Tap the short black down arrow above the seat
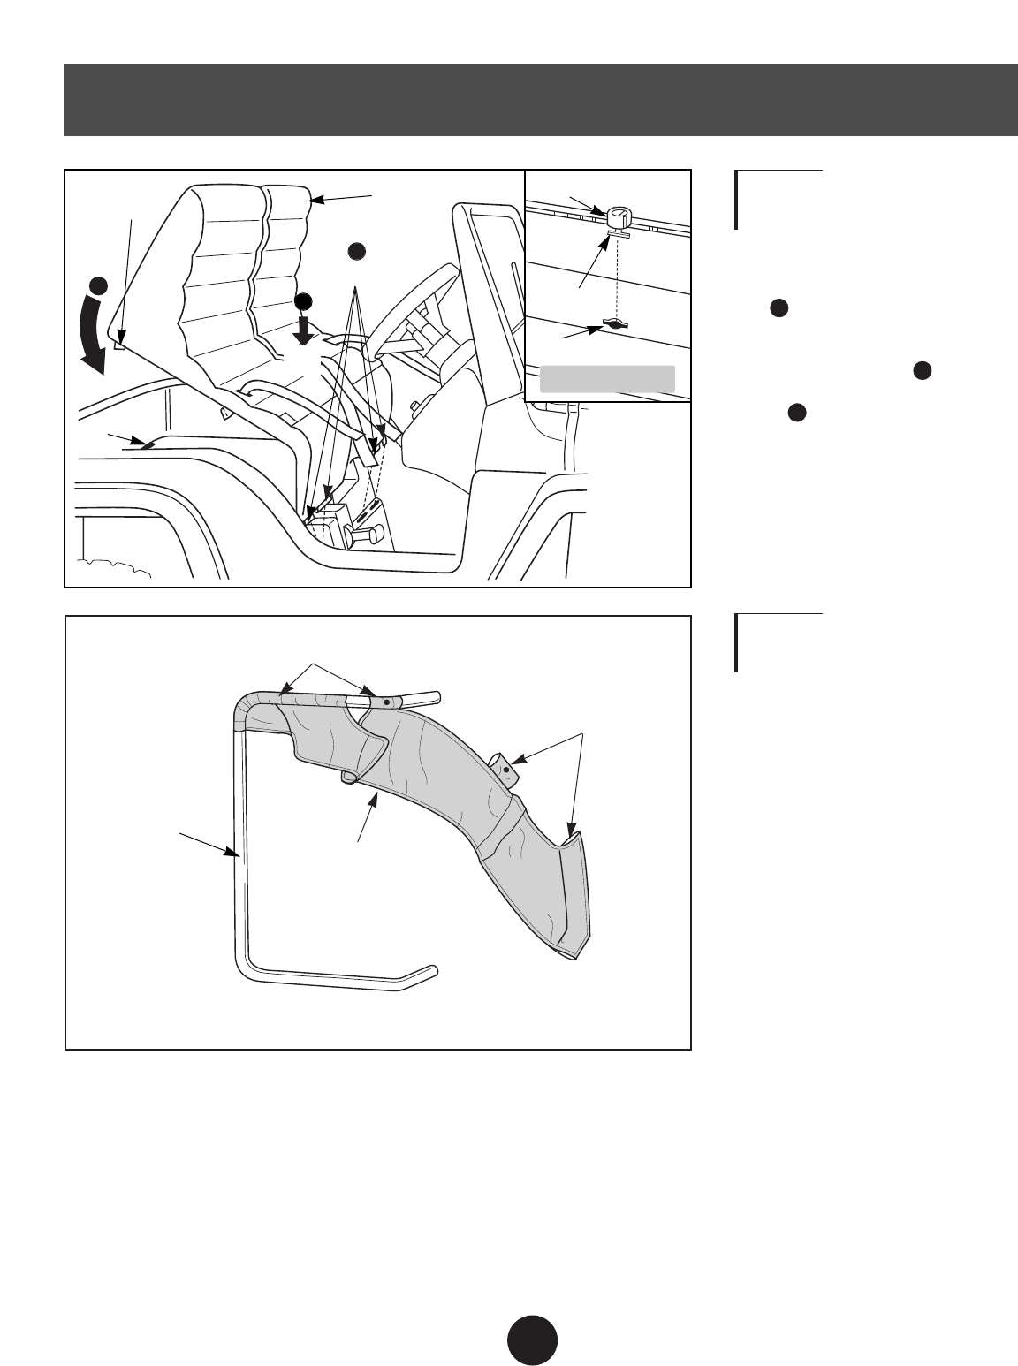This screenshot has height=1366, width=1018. (304, 330)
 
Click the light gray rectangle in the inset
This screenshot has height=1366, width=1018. (607, 378)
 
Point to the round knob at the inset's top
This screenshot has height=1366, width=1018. (619, 215)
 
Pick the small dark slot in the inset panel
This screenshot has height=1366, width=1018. (614, 324)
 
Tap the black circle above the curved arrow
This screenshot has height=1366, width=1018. (99, 285)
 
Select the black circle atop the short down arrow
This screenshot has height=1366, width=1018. (304, 300)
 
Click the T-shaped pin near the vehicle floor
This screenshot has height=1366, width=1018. (363, 534)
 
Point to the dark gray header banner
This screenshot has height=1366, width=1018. (540, 100)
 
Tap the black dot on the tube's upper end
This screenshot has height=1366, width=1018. (387, 702)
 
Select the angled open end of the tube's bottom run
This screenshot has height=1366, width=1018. (425, 973)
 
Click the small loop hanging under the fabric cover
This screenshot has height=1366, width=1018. (349, 778)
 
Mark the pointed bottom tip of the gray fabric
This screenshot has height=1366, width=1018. (575, 955)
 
